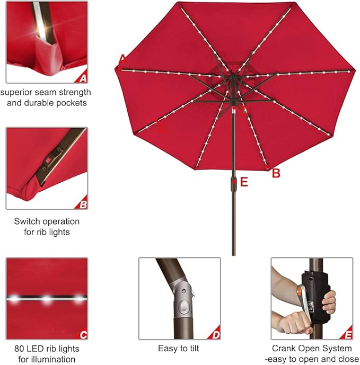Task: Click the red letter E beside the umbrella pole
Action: click(x=244, y=182)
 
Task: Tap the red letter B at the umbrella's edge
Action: click(x=276, y=173)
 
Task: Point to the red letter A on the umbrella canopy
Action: click(x=122, y=59)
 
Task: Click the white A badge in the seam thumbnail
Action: click(x=82, y=78)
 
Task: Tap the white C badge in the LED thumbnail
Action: click(x=82, y=335)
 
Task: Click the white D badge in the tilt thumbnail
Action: click(x=215, y=335)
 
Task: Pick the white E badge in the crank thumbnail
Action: click(x=347, y=335)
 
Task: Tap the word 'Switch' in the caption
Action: click(x=26, y=221)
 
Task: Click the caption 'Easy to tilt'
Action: click(x=179, y=349)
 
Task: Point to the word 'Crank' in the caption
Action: click(x=284, y=349)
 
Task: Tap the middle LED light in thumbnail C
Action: click(x=47, y=299)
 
